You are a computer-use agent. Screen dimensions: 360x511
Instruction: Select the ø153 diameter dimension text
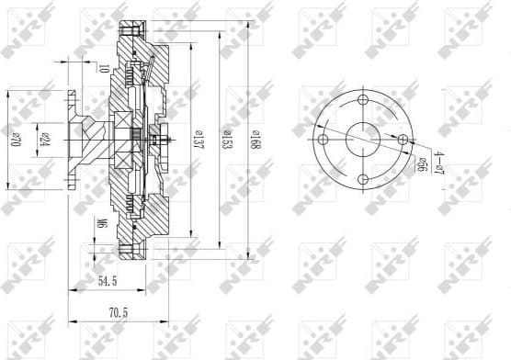[x=224, y=139]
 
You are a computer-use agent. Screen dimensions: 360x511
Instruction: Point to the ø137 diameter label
[x=197, y=139]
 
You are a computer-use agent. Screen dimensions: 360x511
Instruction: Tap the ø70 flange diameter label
[x=16, y=140]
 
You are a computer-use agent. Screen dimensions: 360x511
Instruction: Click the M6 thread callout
[x=102, y=223]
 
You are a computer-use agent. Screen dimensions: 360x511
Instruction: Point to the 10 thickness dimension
[x=104, y=67]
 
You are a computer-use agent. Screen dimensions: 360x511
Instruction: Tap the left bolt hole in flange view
[x=323, y=140]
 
